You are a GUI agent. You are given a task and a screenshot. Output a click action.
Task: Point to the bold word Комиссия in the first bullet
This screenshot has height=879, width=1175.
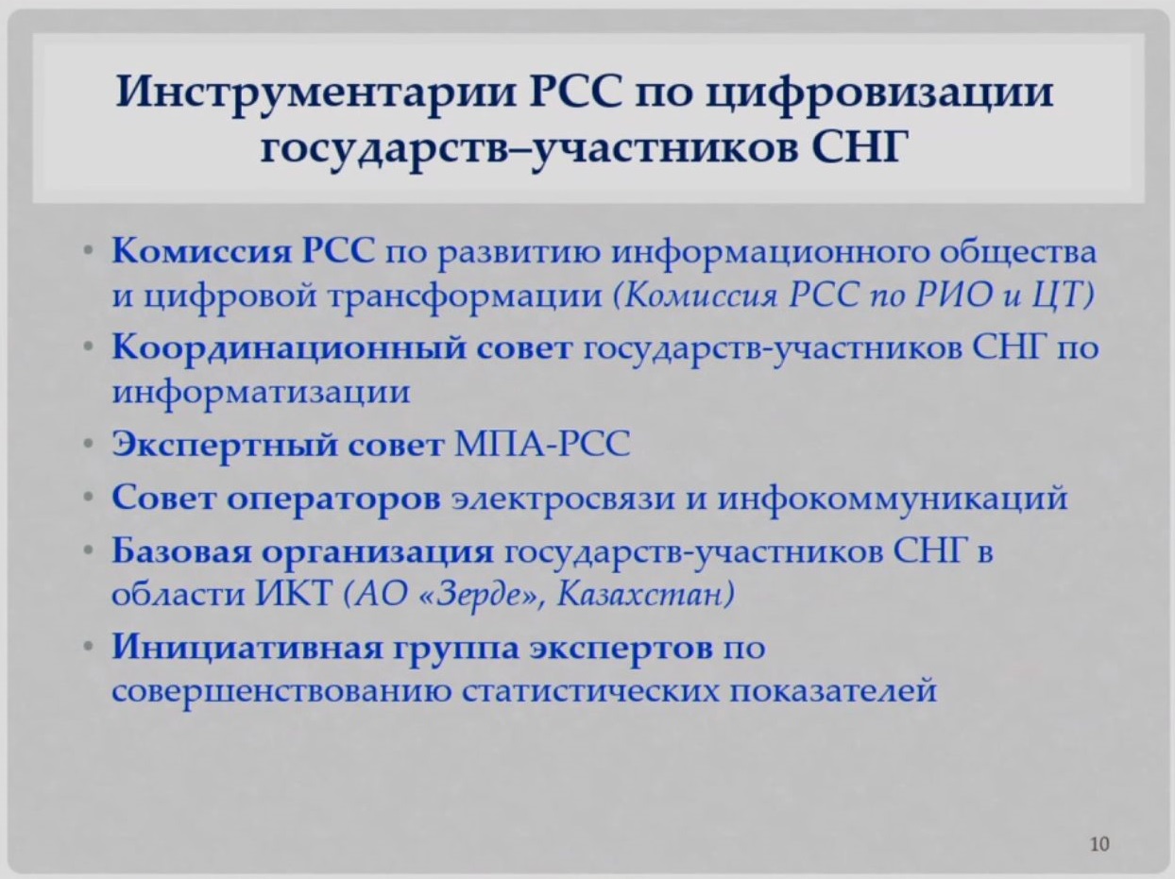coord(202,250)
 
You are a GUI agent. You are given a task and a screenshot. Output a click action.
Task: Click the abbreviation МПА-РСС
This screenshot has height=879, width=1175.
coord(542,444)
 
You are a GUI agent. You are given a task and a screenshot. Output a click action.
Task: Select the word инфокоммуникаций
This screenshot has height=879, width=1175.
coord(893,498)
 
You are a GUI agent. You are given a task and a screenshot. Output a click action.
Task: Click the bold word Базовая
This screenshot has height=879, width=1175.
coord(181,551)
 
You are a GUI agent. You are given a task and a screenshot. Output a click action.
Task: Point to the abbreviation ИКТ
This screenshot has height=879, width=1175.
coord(294,594)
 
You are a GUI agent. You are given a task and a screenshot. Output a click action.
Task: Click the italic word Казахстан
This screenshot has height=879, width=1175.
coord(645,594)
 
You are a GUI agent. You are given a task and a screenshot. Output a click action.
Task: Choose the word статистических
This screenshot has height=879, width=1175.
coord(589,692)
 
